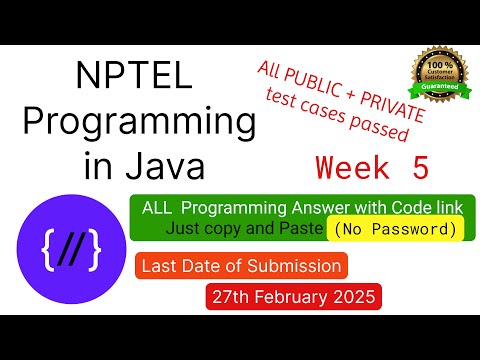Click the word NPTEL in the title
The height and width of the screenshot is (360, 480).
tap(134, 75)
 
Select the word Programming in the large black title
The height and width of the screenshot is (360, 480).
tap(139, 122)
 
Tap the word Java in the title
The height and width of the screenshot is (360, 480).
tap(165, 166)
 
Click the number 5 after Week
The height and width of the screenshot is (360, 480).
tap(421, 167)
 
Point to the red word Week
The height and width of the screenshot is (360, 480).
tap(352, 167)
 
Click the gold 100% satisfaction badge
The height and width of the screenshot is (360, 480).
tap(440, 74)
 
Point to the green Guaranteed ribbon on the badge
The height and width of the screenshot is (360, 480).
tap(440, 87)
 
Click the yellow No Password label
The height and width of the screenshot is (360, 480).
tap(395, 229)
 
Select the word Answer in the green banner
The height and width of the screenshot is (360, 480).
tap(321, 208)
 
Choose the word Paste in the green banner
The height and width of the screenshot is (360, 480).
tap(301, 228)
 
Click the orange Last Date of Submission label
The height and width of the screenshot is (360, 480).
tap(241, 266)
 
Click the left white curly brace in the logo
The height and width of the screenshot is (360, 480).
tap(48, 249)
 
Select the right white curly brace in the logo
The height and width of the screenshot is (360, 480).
tap(94, 249)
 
